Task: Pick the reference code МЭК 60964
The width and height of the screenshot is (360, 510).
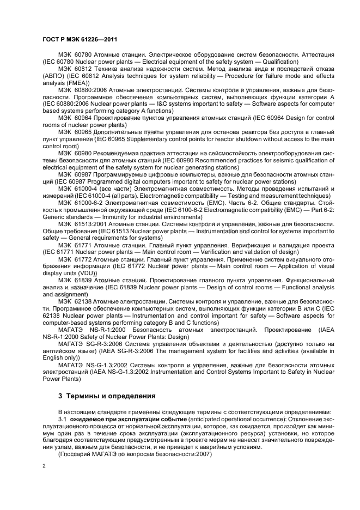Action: (76, 116)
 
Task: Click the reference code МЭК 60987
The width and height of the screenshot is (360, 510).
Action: (76, 175)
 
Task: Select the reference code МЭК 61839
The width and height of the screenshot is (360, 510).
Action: (76, 280)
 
